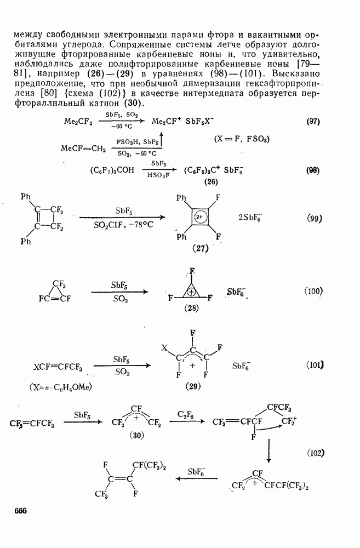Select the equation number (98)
(x=313, y=170)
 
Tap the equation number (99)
(x=314, y=219)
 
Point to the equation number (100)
(x=313, y=291)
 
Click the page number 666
(x=21, y=511)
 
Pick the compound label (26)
(x=211, y=182)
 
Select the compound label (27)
(x=201, y=248)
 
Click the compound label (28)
(x=191, y=308)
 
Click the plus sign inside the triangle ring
(x=191, y=292)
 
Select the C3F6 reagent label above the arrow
(x=185, y=415)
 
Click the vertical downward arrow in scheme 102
(x=268, y=451)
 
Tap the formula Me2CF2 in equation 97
(x=78, y=122)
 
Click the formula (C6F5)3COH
(x=112, y=170)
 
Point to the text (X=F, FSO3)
(x=242, y=139)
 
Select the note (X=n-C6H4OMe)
(x=60, y=387)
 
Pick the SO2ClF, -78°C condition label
(x=123, y=225)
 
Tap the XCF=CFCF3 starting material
(x=58, y=367)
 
